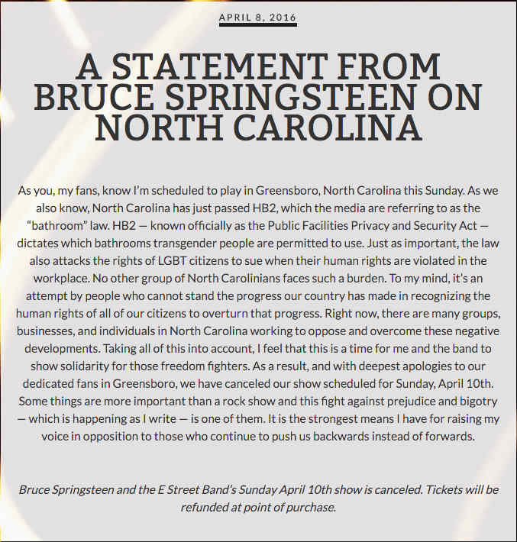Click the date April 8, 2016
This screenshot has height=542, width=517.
[257, 17]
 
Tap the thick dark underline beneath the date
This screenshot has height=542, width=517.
[257, 24]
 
